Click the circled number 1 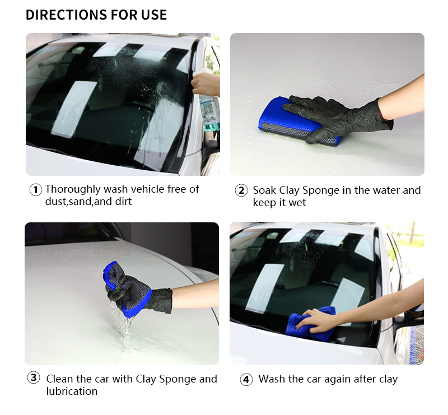click(x=36, y=190)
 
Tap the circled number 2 click(x=241, y=190)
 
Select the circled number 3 click(x=34, y=377)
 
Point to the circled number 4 click(x=246, y=380)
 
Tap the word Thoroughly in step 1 click(x=73, y=190)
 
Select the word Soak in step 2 click(x=264, y=190)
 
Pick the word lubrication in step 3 click(x=72, y=391)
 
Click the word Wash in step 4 click(x=272, y=379)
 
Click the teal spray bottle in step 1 click(x=209, y=109)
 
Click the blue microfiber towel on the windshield click(x=310, y=324)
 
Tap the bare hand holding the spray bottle click(x=205, y=85)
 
